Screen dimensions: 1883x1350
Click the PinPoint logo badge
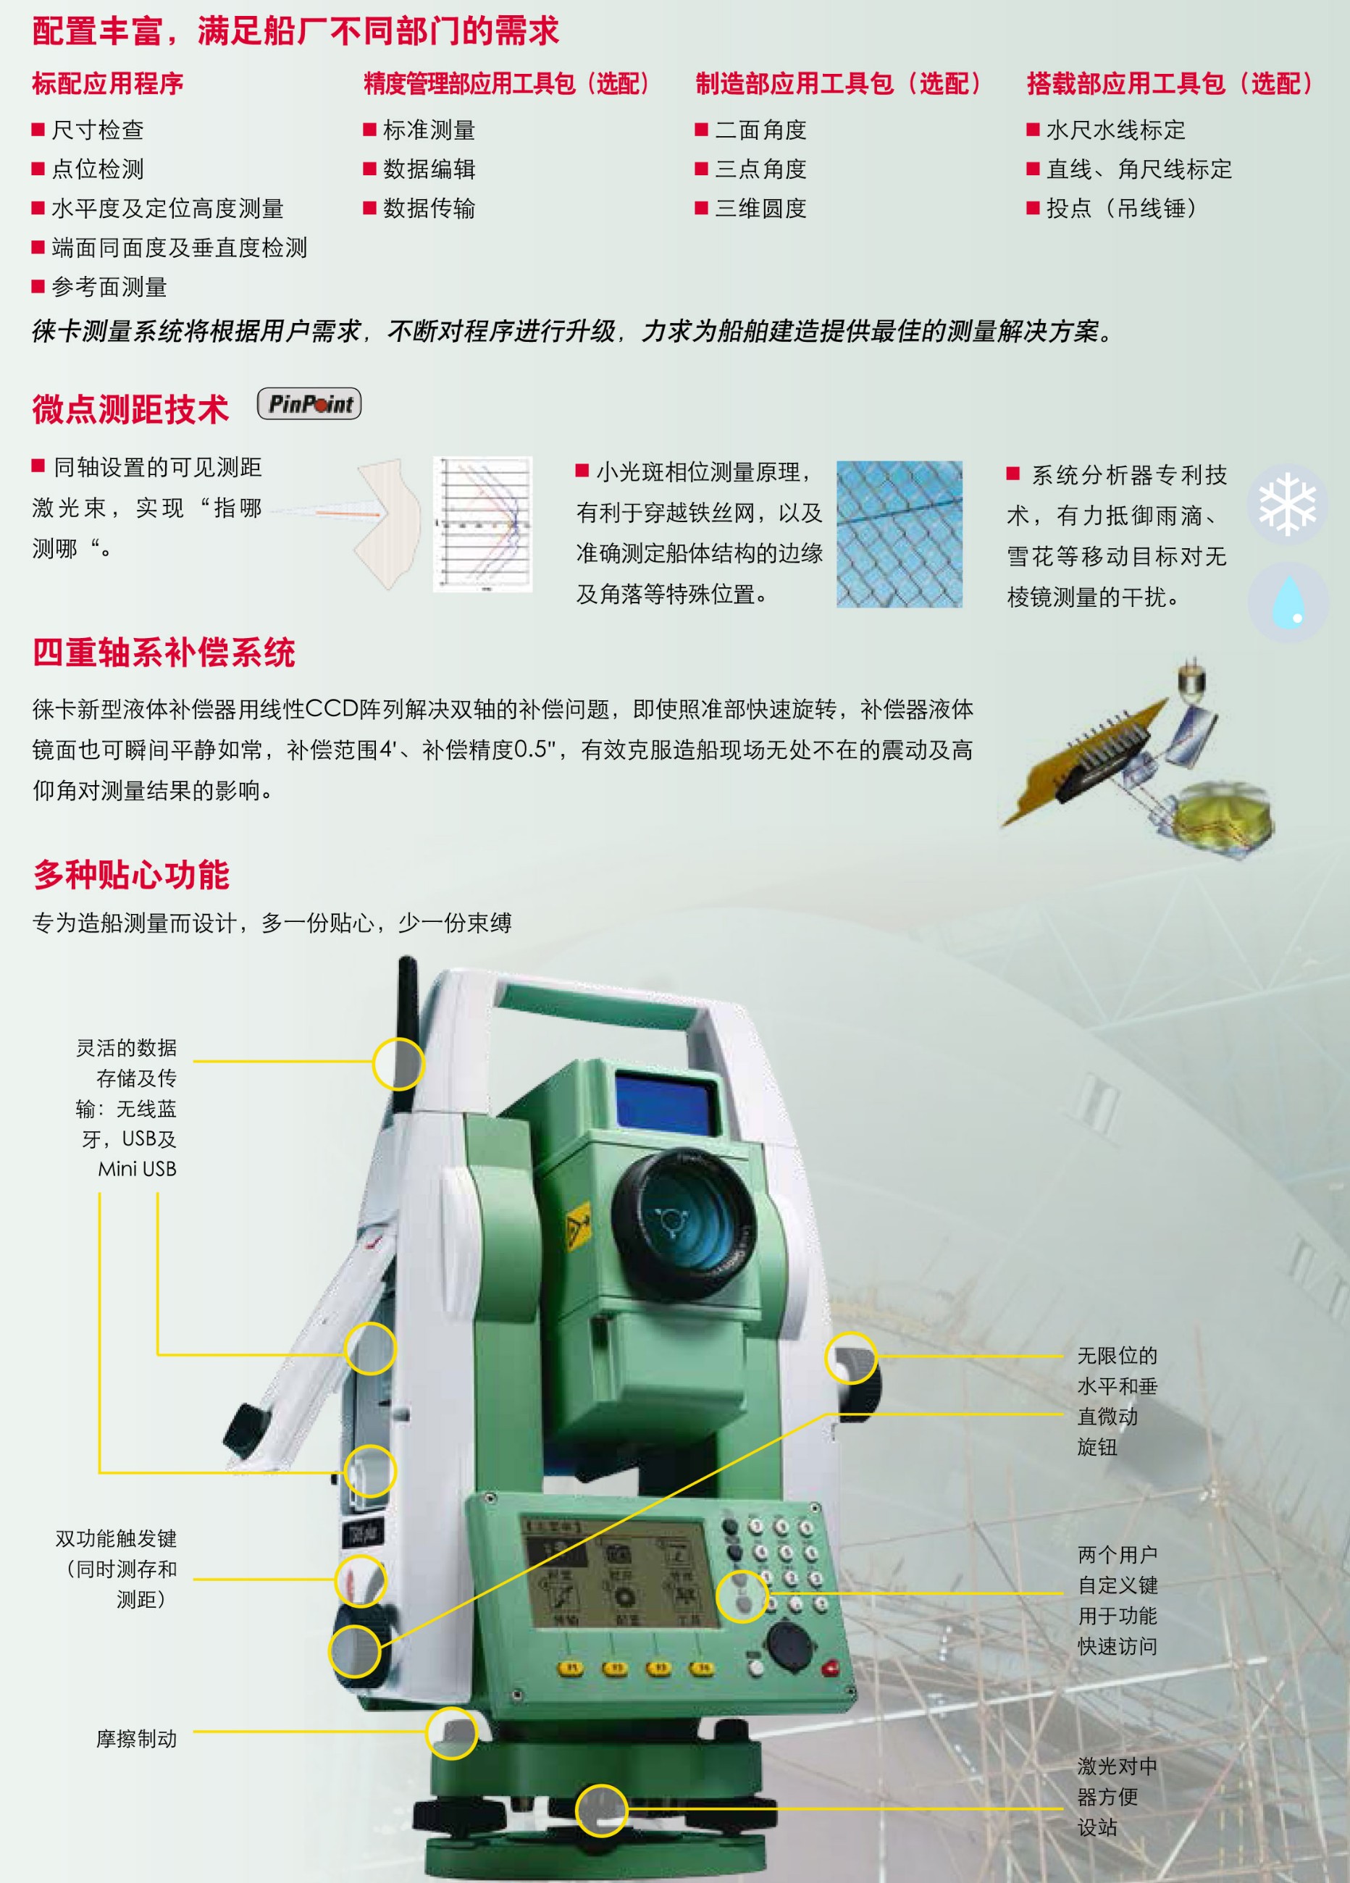(309, 403)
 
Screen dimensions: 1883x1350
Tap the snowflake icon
(1287, 503)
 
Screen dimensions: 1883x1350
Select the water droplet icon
(1288, 601)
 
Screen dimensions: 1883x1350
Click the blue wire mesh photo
(900, 534)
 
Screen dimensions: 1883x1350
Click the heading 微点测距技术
(130, 409)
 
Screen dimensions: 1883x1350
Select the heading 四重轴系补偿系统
(164, 653)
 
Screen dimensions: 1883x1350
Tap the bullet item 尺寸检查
(97, 130)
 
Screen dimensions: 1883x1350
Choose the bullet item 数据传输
(429, 209)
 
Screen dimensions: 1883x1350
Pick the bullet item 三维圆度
(760, 209)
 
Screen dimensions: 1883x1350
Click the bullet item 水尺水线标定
(1115, 130)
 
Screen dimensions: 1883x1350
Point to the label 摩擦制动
(136, 1739)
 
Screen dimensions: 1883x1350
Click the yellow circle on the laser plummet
(601, 1809)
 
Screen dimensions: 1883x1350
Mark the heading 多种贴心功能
(131, 875)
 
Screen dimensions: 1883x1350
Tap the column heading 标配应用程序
(108, 83)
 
